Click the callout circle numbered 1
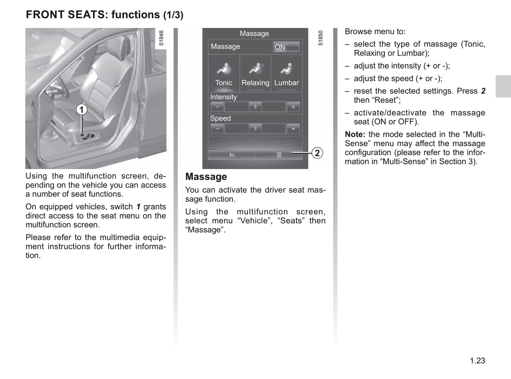point(82,110)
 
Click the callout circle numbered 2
point(317,153)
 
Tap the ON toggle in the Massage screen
point(286,47)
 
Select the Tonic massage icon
point(224,69)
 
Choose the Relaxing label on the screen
point(255,83)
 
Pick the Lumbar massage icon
point(287,69)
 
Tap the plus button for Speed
point(293,129)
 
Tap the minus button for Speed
point(217,129)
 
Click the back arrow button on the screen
point(232,155)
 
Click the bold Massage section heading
point(206,177)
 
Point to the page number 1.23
point(477,361)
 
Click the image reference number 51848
point(161,38)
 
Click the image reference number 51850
point(320,38)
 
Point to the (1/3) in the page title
point(173,15)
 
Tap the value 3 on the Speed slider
point(255,129)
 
